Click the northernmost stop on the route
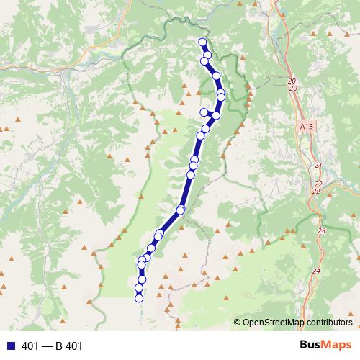[x=202, y=42]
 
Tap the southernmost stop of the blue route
[x=139, y=298]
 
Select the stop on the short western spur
[x=204, y=112]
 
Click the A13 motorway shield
[x=306, y=125]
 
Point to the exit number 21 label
[x=318, y=166]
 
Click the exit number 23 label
[x=321, y=230]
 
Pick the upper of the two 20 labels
[x=291, y=81]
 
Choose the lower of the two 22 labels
[x=316, y=191]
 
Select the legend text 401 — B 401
[x=53, y=346]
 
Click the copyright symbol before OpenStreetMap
[x=237, y=322]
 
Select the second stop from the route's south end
[x=138, y=288]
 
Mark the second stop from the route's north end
[x=207, y=55]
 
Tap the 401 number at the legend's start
[x=30, y=346]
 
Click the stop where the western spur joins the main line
[x=215, y=115]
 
